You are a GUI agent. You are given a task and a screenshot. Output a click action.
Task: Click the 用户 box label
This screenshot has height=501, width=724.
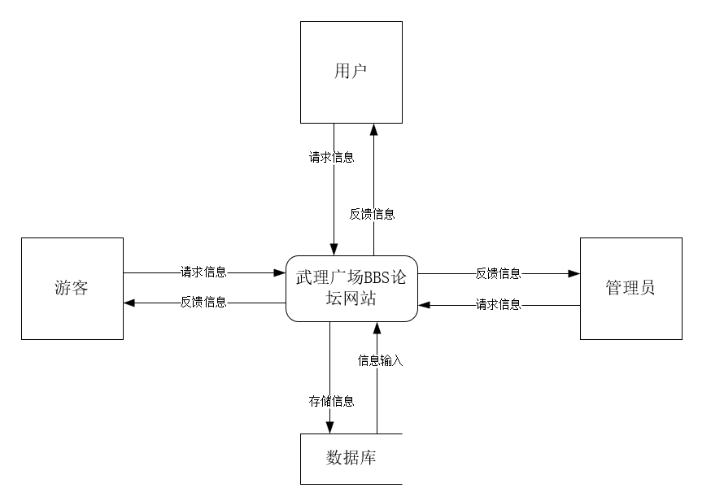point(351,72)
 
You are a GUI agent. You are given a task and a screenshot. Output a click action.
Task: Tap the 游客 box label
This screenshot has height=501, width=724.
point(72,288)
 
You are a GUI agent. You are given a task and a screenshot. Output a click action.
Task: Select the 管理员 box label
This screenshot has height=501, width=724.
point(630,288)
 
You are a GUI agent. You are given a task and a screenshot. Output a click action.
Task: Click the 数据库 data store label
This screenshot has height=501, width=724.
point(351,458)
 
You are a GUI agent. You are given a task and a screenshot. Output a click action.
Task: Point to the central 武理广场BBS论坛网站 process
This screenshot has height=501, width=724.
point(351,288)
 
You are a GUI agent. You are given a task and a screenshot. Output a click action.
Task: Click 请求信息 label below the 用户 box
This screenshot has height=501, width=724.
point(332,158)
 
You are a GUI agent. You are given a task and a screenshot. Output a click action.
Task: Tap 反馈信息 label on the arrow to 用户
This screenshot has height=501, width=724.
point(373,215)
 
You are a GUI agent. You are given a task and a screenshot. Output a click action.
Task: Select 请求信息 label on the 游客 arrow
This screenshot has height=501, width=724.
point(203,272)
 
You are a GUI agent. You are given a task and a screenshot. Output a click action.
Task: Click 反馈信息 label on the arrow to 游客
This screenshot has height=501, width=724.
point(203,303)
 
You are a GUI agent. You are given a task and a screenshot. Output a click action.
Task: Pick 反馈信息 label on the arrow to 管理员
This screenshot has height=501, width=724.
point(499,273)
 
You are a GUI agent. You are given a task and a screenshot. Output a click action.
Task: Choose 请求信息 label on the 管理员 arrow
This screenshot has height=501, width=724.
point(499,305)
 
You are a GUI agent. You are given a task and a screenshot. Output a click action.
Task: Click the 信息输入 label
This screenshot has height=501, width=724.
point(381,359)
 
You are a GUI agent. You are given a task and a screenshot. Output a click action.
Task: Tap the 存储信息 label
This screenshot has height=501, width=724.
point(331,400)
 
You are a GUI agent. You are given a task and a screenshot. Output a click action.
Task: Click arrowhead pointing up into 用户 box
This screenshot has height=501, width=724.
point(374,129)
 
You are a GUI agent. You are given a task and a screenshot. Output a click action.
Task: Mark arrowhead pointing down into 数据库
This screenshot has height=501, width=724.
point(330,428)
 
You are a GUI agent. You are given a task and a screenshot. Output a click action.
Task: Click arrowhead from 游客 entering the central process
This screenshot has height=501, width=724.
point(280,272)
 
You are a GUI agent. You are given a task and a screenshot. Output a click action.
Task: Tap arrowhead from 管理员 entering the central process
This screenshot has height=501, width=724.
point(423,305)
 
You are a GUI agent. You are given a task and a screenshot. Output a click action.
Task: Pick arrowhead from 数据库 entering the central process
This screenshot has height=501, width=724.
point(377,327)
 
